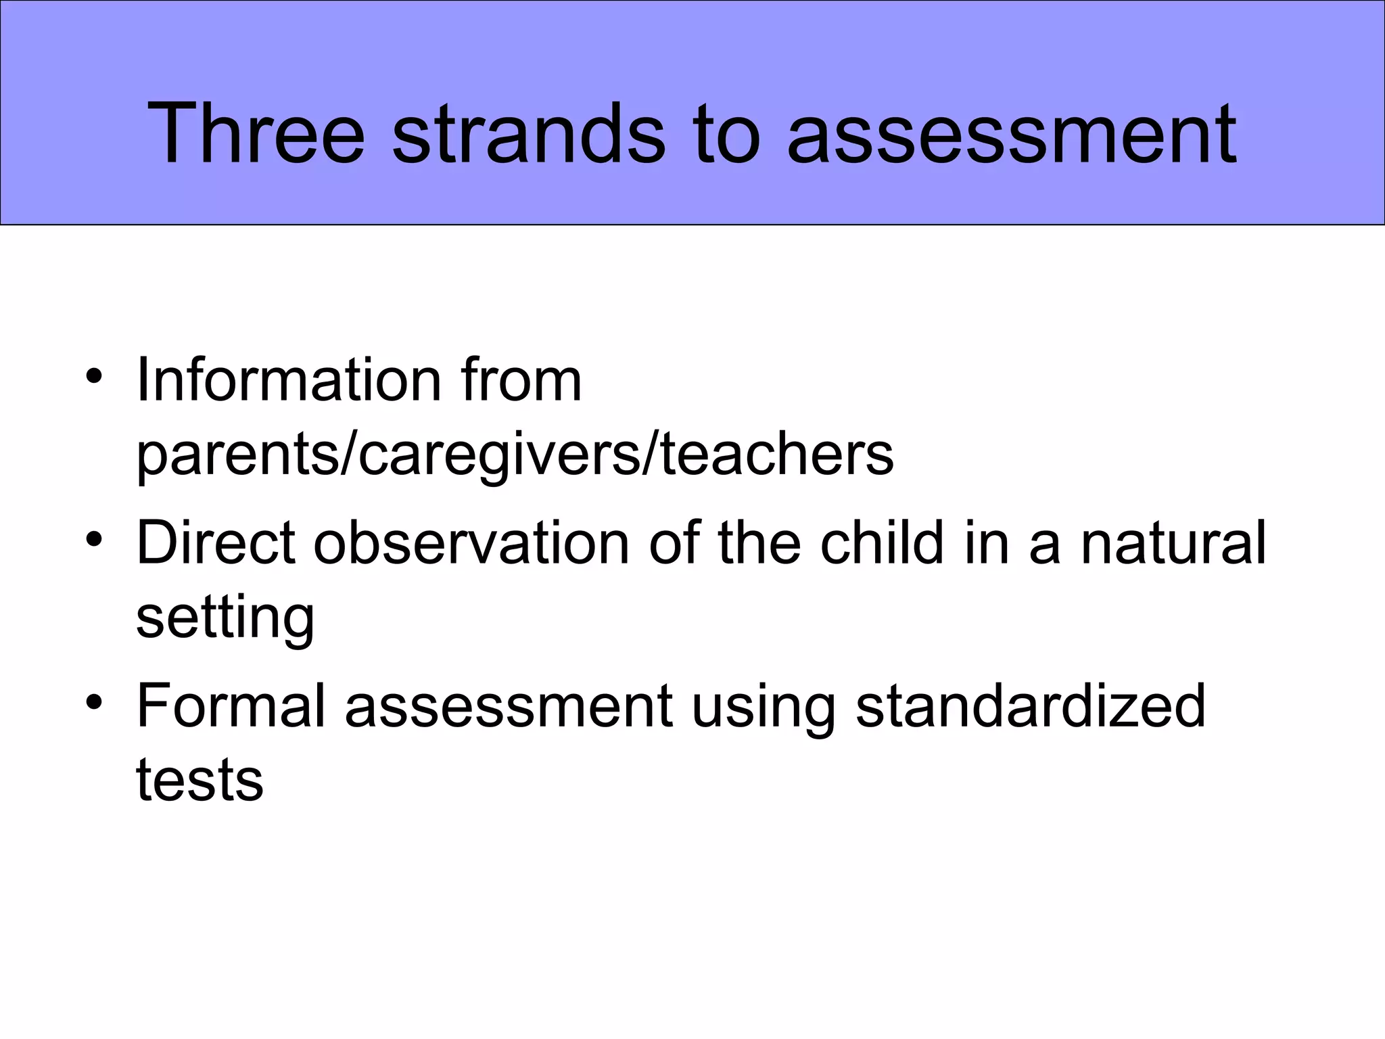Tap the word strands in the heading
tap(528, 133)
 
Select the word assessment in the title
tap(1012, 133)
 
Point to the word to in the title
tap(725, 133)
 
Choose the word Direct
tap(216, 542)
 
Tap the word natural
tap(1173, 542)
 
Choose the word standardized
tap(1031, 706)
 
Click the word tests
tap(199, 780)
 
